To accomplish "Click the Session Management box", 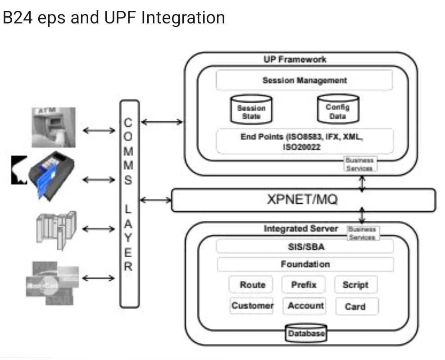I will (304, 81).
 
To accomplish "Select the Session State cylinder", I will (251, 109).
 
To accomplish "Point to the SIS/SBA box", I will (304, 247).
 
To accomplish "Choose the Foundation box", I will (305, 264).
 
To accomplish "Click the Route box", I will (252, 285).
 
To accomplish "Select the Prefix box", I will (304, 285).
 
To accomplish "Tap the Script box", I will (355, 285).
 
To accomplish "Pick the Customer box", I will (252, 306).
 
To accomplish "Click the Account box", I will (305, 306).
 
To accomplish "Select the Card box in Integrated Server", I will (355, 306).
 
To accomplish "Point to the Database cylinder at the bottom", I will (306, 333).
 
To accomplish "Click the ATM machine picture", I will (54, 127).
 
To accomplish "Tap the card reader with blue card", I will (47, 175).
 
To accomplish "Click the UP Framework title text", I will (295, 59).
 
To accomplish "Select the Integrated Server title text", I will (301, 229).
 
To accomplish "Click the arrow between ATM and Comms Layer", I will (100, 131).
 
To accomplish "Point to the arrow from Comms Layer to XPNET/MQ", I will (155, 200).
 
